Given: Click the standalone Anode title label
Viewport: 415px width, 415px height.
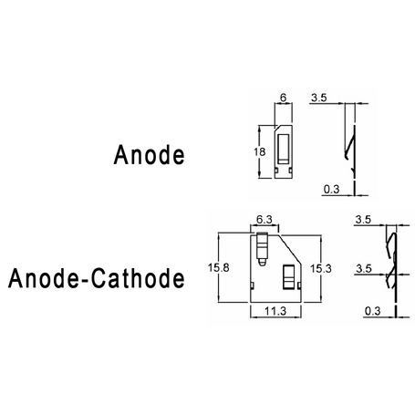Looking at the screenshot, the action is (x=149, y=155).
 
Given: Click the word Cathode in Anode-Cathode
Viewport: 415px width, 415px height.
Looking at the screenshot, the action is (x=138, y=278).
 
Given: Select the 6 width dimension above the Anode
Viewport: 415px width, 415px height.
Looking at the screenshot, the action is (x=283, y=98).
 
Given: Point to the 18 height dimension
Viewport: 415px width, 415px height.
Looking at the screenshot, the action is (x=259, y=151).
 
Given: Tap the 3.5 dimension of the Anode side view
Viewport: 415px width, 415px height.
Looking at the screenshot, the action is (x=319, y=98).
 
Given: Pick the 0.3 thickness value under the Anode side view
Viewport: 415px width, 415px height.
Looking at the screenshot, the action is (x=331, y=189).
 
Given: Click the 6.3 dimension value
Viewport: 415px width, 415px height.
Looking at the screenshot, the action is (x=265, y=219).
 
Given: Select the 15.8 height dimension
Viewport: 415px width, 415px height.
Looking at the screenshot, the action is (x=219, y=267).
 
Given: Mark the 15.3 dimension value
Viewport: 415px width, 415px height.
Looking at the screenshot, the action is (x=321, y=268).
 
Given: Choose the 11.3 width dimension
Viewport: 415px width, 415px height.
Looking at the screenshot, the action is (x=275, y=311).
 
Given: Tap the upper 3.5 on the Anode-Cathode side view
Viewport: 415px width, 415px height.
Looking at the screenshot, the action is (x=363, y=219).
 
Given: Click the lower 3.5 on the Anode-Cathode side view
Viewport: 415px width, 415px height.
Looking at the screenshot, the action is (x=364, y=268).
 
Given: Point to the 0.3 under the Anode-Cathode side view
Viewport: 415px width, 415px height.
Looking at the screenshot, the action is (x=373, y=311).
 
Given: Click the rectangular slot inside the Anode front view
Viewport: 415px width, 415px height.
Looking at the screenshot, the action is (x=284, y=149).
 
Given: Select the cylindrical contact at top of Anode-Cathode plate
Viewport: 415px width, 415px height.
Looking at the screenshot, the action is (x=262, y=249).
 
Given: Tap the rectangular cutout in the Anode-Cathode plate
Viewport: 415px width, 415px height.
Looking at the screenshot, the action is (x=288, y=277).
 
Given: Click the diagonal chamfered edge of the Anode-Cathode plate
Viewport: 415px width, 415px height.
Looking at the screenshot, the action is (x=290, y=250).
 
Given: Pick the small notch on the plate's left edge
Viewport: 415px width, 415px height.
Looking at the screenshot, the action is (x=252, y=285).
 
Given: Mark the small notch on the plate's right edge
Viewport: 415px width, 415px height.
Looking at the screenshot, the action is (x=299, y=285).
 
